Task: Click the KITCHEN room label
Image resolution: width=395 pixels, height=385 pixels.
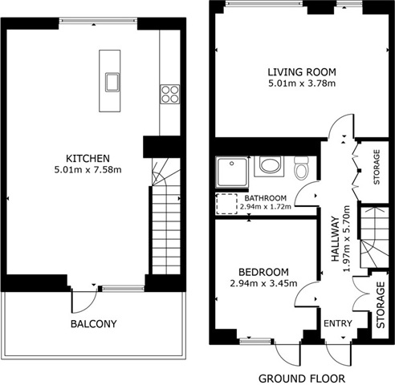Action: pyautogui.click(x=88, y=159)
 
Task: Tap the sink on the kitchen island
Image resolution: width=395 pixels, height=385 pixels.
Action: pyautogui.click(x=112, y=82)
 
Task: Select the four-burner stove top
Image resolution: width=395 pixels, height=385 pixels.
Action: pyautogui.click(x=169, y=94)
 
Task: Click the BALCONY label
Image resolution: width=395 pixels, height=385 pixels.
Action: pyautogui.click(x=94, y=324)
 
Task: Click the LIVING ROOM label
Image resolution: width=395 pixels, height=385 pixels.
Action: pyautogui.click(x=302, y=72)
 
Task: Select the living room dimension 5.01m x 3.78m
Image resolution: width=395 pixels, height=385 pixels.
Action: pyautogui.click(x=302, y=83)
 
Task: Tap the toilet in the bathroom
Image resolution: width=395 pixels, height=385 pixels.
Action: pyautogui.click(x=301, y=168)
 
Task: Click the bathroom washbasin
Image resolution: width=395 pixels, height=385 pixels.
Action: pyautogui.click(x=269, y=166)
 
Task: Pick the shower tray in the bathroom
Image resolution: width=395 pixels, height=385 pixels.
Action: pyautogui.click(x=232, y=172)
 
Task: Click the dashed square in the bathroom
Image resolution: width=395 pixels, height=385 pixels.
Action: pyautogui.click(x=226, y=204)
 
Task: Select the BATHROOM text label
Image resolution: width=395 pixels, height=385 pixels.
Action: pyautogui.click(x=266, y=198)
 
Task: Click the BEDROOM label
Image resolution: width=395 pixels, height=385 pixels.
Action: pyautogui.click(x=263, y=272)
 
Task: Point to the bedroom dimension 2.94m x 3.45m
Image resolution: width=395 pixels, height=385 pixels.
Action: pyautogui.click(x=263, y=283)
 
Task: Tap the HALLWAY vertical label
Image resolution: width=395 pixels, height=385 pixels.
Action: pyautogui.click(x=335, y=239)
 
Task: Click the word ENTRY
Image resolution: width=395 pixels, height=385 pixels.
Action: pyautogui.click(x=338, y=323)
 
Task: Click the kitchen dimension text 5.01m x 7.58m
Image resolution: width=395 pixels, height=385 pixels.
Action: pyautogui.click(x=88, y=170)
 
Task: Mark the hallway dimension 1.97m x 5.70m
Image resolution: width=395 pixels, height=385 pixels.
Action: pyautogui.click(x=347, y=239)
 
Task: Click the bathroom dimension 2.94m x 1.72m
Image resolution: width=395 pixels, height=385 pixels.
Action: pyautogui.click(x=266, y=207)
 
